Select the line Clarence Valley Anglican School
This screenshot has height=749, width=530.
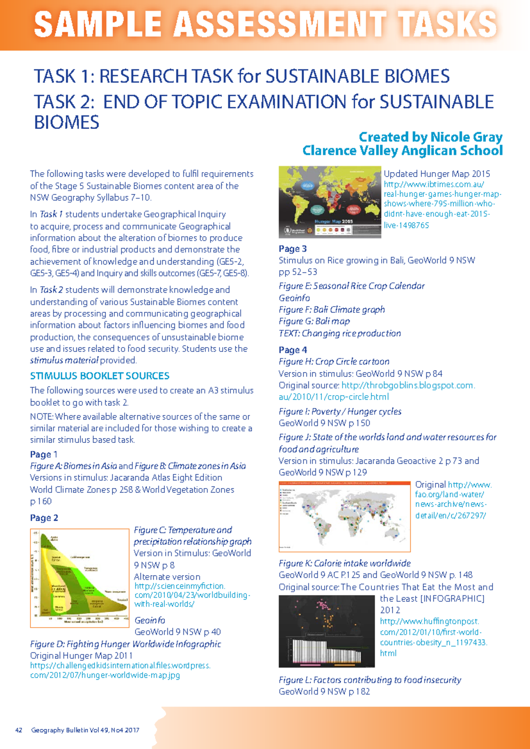click(402, 151)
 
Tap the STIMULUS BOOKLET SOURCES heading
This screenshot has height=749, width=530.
click(100, 376)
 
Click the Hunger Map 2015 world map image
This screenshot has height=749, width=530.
click(329, 202)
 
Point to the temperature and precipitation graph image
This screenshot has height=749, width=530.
click(79, 578)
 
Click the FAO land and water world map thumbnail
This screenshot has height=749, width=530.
click(344, 517)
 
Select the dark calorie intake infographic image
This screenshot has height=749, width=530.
click(326, 631)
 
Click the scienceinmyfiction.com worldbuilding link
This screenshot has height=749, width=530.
click(192, 595)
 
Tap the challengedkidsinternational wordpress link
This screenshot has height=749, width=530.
click(120, 670)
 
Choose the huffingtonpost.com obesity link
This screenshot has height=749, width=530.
click(433, 637)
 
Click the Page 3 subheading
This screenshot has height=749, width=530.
click(292, 249)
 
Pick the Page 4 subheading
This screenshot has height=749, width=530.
click(292, 350)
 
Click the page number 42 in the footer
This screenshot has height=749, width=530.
click(19, 730)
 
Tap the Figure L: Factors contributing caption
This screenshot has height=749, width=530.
click(370, 680)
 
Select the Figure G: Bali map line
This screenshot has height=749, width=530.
click(314, 322)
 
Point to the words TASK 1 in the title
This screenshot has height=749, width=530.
click(61, 76)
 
